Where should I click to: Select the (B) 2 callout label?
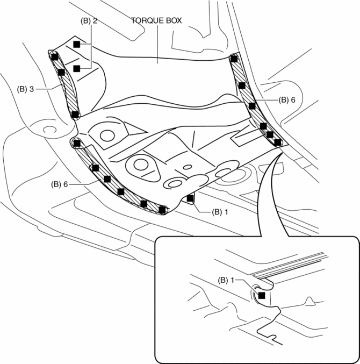88,21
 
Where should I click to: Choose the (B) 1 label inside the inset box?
228,280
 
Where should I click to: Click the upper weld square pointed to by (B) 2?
77,44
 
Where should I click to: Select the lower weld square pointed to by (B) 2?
77,68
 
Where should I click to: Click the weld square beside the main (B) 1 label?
190,199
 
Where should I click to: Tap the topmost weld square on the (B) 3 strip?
54,55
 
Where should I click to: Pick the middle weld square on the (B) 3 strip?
61,72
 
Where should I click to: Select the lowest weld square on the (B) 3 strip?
75,115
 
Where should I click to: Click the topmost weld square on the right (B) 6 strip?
233,57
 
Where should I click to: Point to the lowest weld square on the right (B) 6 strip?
277,142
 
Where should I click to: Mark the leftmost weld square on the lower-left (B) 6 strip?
77,144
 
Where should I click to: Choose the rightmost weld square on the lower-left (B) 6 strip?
162,208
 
